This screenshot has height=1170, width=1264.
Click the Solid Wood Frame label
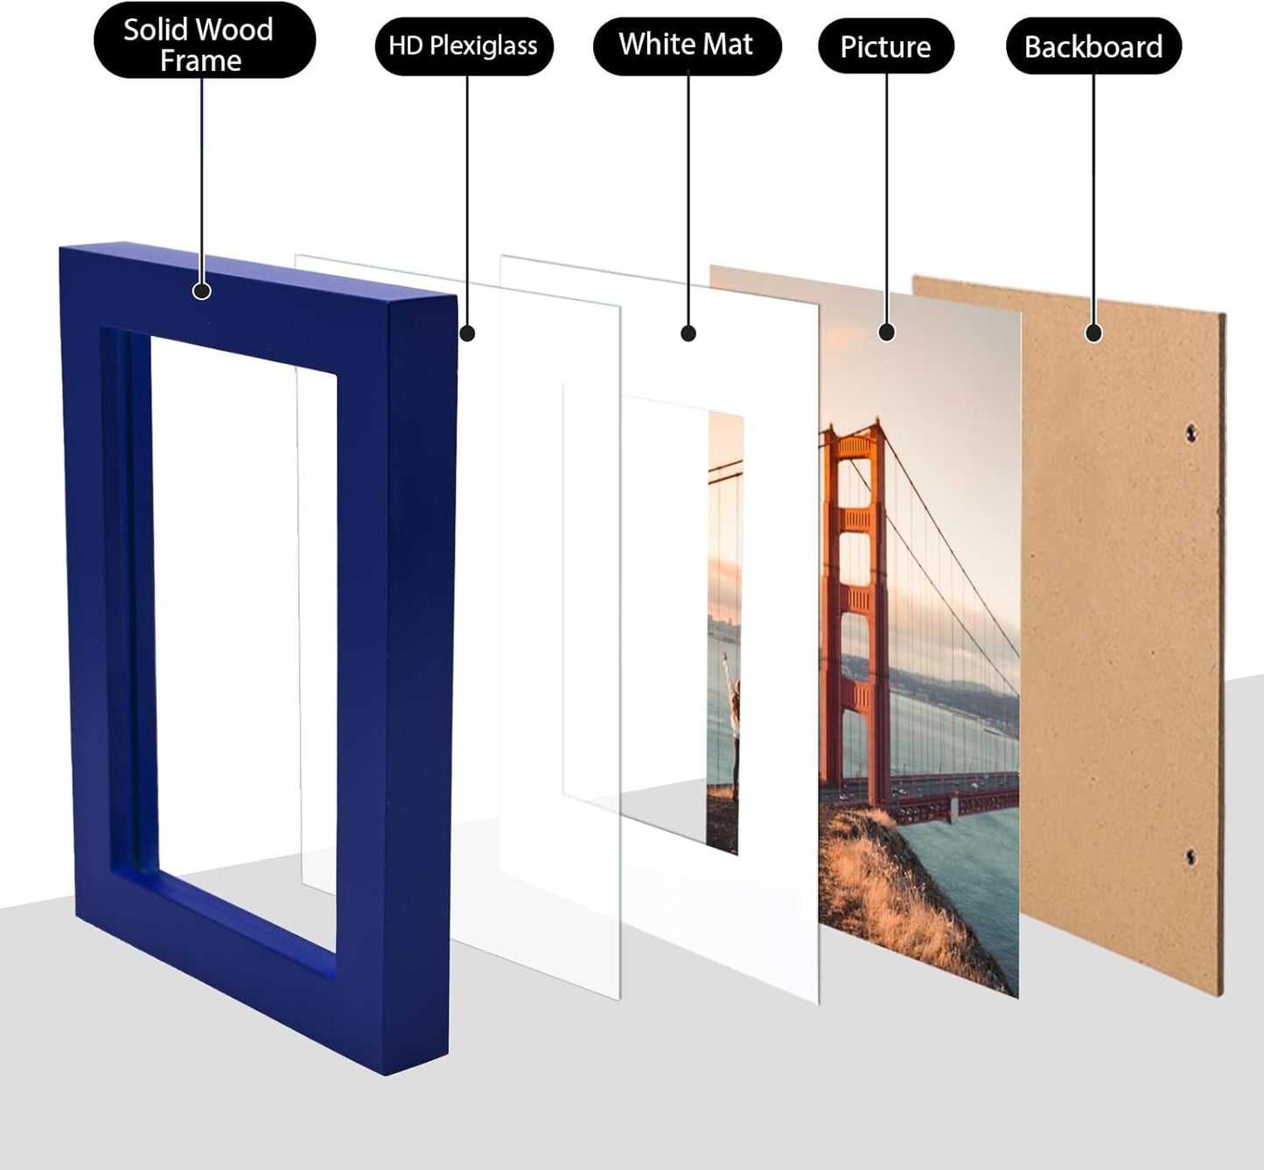[x=203, y=44]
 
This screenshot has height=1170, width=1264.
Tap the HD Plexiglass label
[x=464, y=46]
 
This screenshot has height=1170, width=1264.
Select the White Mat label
[x=687, y=45]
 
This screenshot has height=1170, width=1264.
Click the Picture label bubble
[x=885, y=46]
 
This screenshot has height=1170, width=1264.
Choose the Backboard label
[x=1093, y=46]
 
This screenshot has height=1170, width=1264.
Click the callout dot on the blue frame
[x=202, y=291]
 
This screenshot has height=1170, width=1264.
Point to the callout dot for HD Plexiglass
[x=467, y=333]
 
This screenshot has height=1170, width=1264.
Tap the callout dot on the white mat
[x=688, y=333]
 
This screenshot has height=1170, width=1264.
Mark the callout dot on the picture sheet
[x=887, y=333]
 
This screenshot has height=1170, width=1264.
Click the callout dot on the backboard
[x=1093, y=333]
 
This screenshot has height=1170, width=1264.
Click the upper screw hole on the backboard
[x=1191, y=431]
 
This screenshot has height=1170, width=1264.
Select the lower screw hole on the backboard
[x=1191, y=856]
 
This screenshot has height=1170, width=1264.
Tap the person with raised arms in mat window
[x=732, y=718]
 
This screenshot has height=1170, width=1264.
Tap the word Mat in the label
[x=730, y=45]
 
